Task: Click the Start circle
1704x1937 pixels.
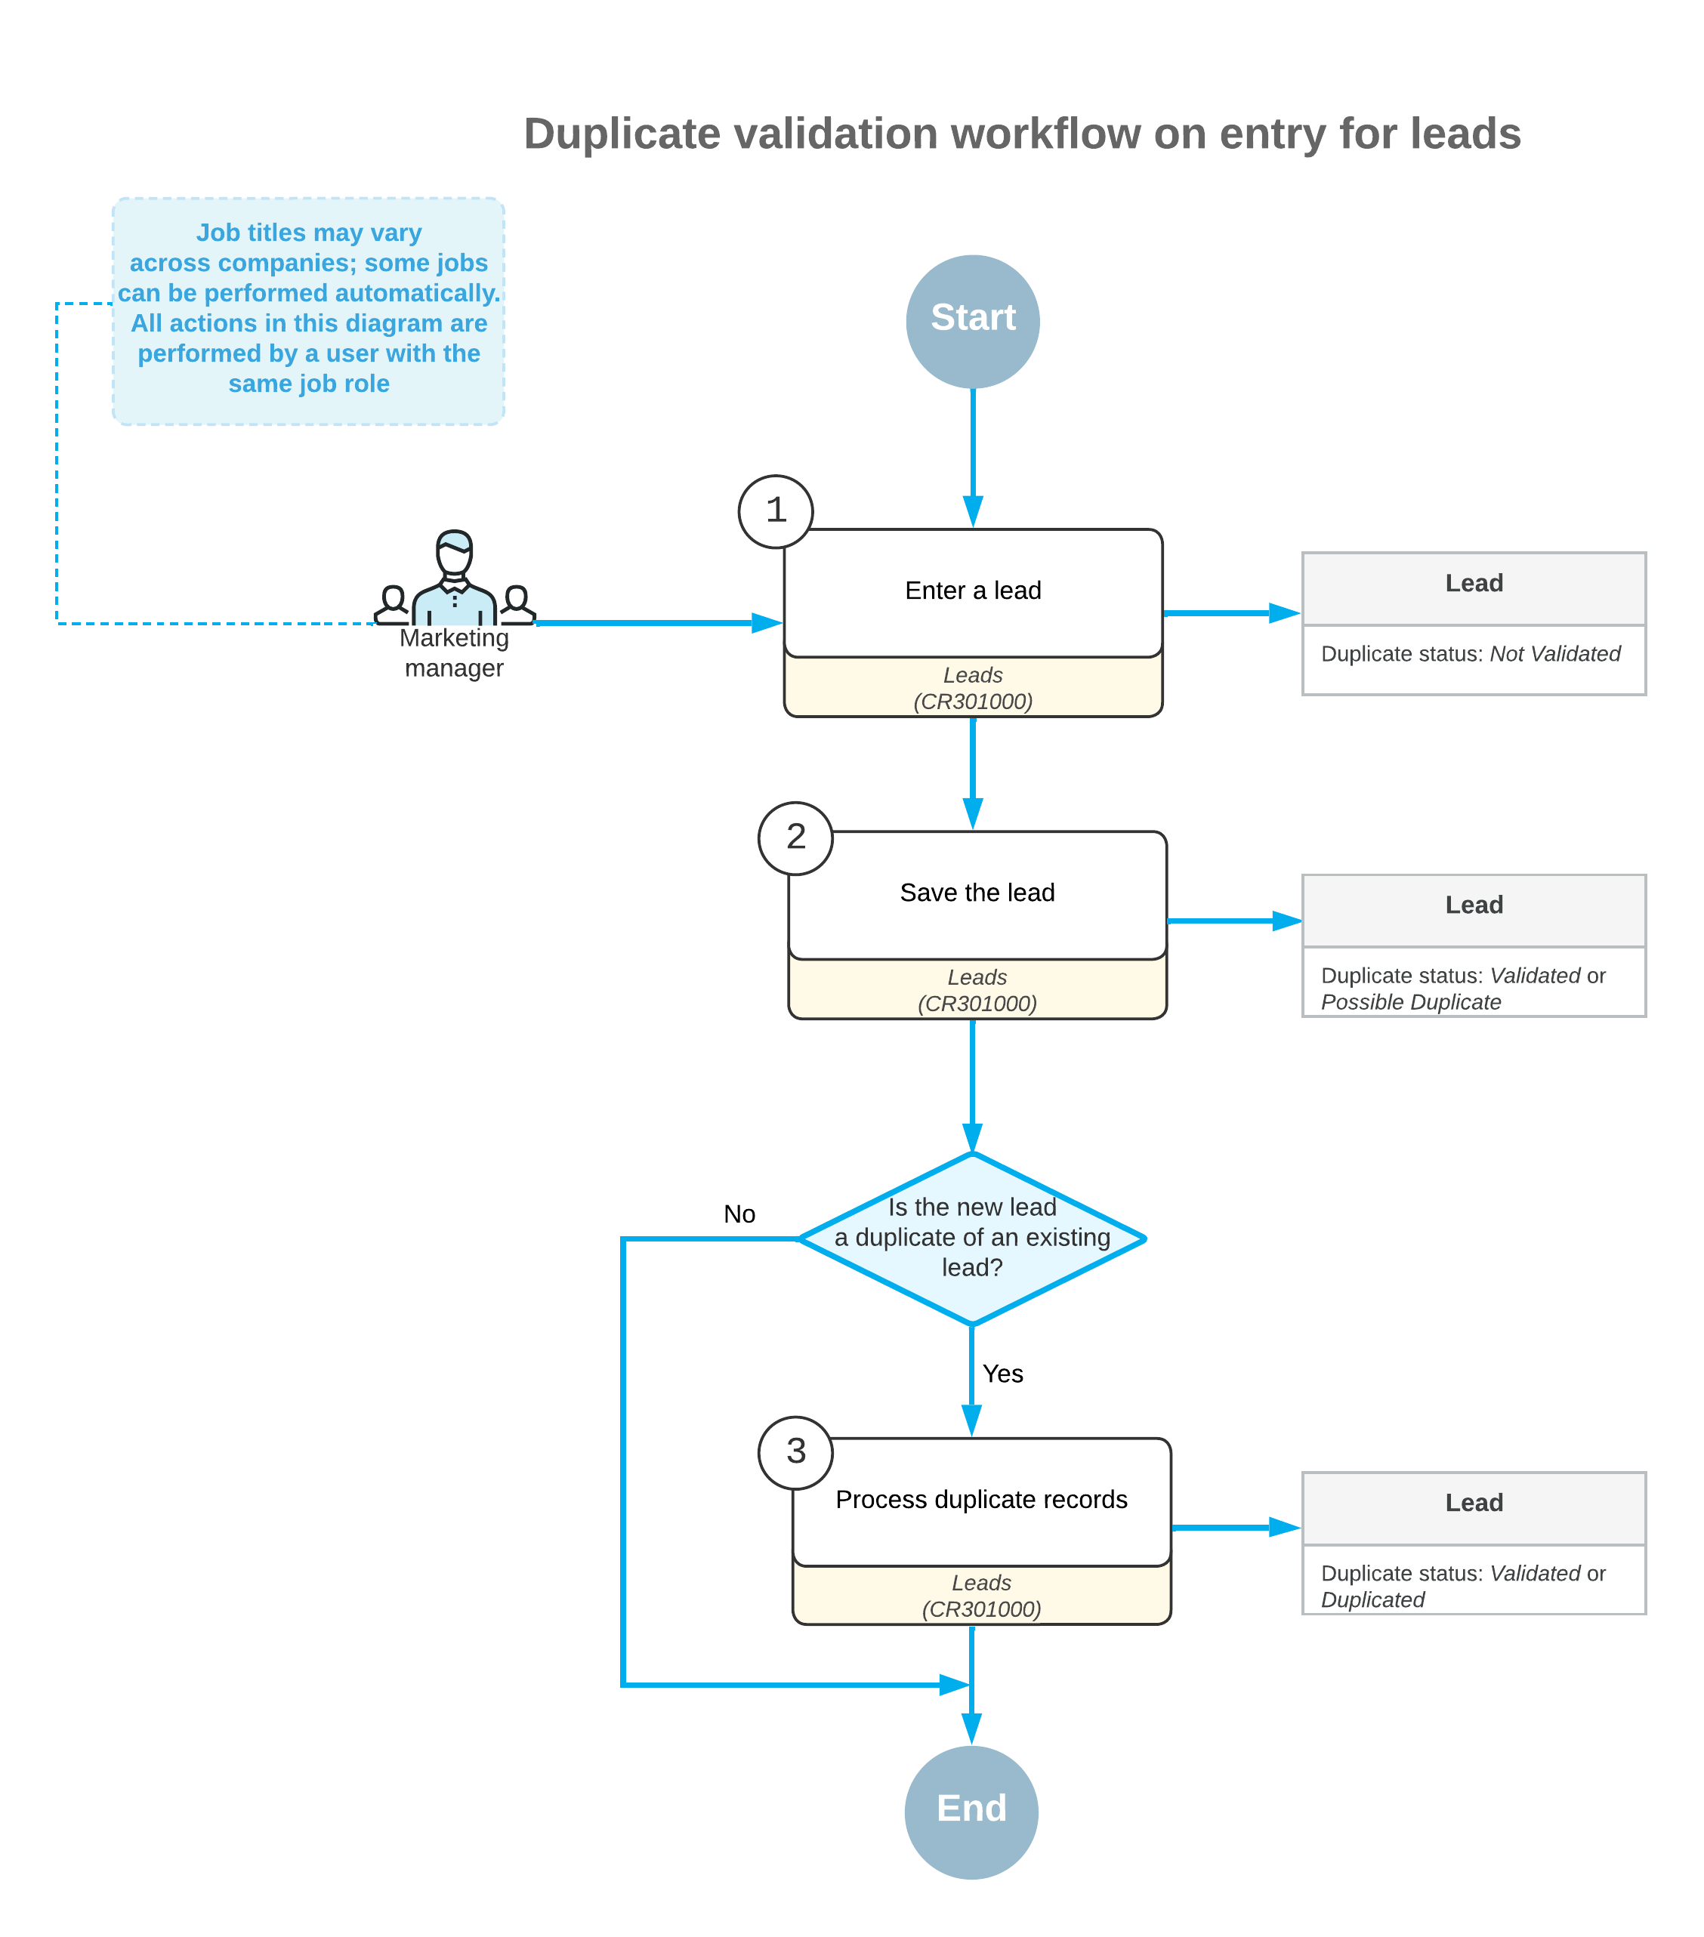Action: (972, 321)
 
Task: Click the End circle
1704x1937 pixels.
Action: (971, 1811)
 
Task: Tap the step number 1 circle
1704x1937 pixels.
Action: (775, 510)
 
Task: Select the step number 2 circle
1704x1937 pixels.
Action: (795, 837)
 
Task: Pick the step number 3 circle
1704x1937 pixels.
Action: (795, 1451)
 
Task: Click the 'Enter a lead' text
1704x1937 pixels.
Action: (972, 591)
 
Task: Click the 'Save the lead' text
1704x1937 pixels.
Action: (976, 893)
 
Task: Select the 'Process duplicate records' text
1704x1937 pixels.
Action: (981, 1499)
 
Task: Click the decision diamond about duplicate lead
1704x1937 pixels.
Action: (971, 1238)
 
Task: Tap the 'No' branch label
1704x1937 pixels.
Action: (739, 1214)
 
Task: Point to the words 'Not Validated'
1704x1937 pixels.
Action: (1554, 654)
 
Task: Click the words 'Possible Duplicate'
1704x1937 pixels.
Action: (1410, 1001)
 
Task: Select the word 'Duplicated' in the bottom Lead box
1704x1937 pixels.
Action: (1372, 1599)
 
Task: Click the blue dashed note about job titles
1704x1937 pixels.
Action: (308, 310)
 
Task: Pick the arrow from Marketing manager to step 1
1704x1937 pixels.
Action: (654, 622)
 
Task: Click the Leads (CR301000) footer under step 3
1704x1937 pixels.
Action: (981, 1596)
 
